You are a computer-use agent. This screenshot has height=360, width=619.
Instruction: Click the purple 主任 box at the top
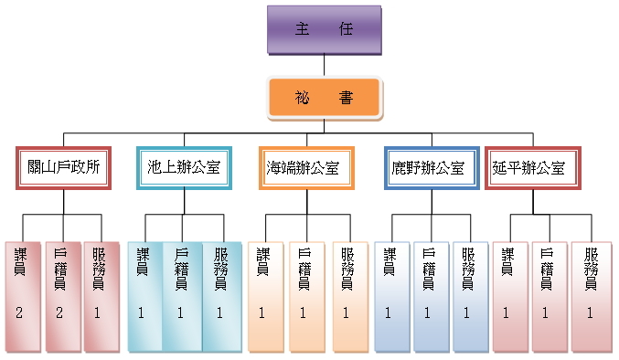coord(324,29)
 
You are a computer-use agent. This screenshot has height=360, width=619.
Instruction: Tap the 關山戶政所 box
coord(63,168)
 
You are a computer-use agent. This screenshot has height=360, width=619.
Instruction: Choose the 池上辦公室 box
coord(183,168)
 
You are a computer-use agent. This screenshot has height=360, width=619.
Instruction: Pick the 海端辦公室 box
coord(305,168)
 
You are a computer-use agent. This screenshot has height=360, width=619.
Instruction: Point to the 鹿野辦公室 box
coord(430,168)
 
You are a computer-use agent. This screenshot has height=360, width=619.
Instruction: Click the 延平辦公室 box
coord(534,168)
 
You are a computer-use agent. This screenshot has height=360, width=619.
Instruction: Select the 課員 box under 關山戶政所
coord(22,297)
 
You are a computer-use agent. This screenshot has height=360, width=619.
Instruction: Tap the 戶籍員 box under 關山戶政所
coord(62,297)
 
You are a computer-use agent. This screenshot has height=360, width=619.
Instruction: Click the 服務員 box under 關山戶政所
coord(101,297)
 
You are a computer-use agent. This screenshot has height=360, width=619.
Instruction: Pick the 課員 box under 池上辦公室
coord(144,297)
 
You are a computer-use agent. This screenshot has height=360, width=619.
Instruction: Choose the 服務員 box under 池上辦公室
coord(221,297)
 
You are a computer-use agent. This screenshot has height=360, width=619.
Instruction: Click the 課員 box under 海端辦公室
coord(265,297)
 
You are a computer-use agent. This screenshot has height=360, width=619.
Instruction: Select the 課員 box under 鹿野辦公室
coord(390,297)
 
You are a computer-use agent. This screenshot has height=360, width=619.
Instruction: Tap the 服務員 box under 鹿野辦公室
coord(470,297)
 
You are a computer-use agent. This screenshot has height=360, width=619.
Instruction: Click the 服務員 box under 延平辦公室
coord(591,297)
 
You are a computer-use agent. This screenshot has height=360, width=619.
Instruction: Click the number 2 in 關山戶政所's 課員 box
coord(19,313)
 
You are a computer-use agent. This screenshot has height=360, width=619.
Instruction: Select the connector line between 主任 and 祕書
coord(324,65)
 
